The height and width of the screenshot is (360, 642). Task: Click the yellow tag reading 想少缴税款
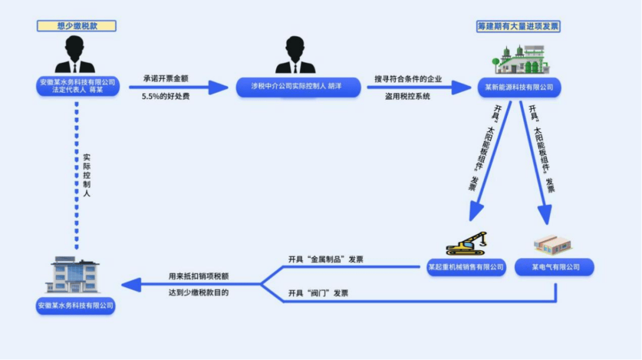[x=77, y=26]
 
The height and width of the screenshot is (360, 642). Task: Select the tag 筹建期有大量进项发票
[x=518, y=27]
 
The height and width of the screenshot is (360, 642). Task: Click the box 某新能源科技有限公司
[x=519, y=87]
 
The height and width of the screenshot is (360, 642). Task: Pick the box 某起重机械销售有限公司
[x=466, y=267]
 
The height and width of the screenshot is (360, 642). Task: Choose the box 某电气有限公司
[x=555, y=267]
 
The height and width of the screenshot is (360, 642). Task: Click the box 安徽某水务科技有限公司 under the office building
[x=75, y=305]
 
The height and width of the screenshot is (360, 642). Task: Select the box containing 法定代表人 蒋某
[x=78, y=86]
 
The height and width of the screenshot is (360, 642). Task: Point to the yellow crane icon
[x=467, y=244]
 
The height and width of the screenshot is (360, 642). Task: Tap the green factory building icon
[x=521, y=60]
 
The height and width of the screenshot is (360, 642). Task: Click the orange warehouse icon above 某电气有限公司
[x=553, y=245]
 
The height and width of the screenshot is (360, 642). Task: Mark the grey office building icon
[x=74, y=275]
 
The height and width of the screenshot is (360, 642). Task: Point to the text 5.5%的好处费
[x=166, y=97]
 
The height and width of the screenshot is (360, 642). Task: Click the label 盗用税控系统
[x=407, y=97]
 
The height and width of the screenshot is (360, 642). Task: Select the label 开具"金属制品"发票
[x=326, y=260]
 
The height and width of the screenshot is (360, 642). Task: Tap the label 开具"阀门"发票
[x=318, y=293]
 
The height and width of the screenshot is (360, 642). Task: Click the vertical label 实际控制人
[x=86, y=175]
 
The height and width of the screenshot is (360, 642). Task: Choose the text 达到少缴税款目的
[x=199, y=293]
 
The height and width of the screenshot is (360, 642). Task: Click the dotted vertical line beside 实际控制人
[x=77, y=176]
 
